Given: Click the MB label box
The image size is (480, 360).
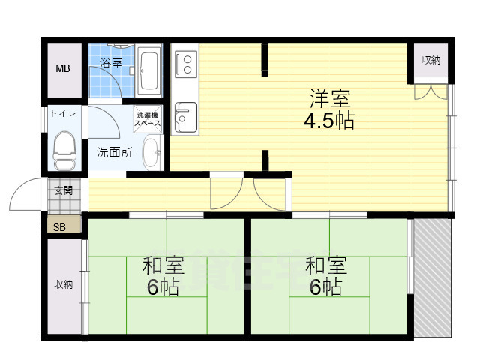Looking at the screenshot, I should pyautogui.click(x=64, y=70).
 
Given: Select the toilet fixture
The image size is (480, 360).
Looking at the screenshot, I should pyautogui.click(x=65, y=151).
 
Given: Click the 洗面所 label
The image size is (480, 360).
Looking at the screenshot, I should pyautogui.click(x=115, y=152).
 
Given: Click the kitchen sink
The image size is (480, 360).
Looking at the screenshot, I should pyautogui.click(x=184, y=118).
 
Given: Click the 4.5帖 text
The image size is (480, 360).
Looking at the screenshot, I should pyautogui.click(x=328, y=120).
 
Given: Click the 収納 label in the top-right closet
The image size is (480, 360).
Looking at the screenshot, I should pyautogui.click(x=430, y=61).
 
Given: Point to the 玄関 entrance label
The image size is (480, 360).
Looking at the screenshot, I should pyautogui.click(x=64, y=190).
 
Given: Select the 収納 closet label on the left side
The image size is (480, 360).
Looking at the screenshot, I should pyautogui.click(x=63, y=284).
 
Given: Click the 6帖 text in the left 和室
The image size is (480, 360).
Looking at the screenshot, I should pyautogui.click(x=163, y=286).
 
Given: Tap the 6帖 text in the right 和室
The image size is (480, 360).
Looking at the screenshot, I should pyautogui.click(x=325, y=286).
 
